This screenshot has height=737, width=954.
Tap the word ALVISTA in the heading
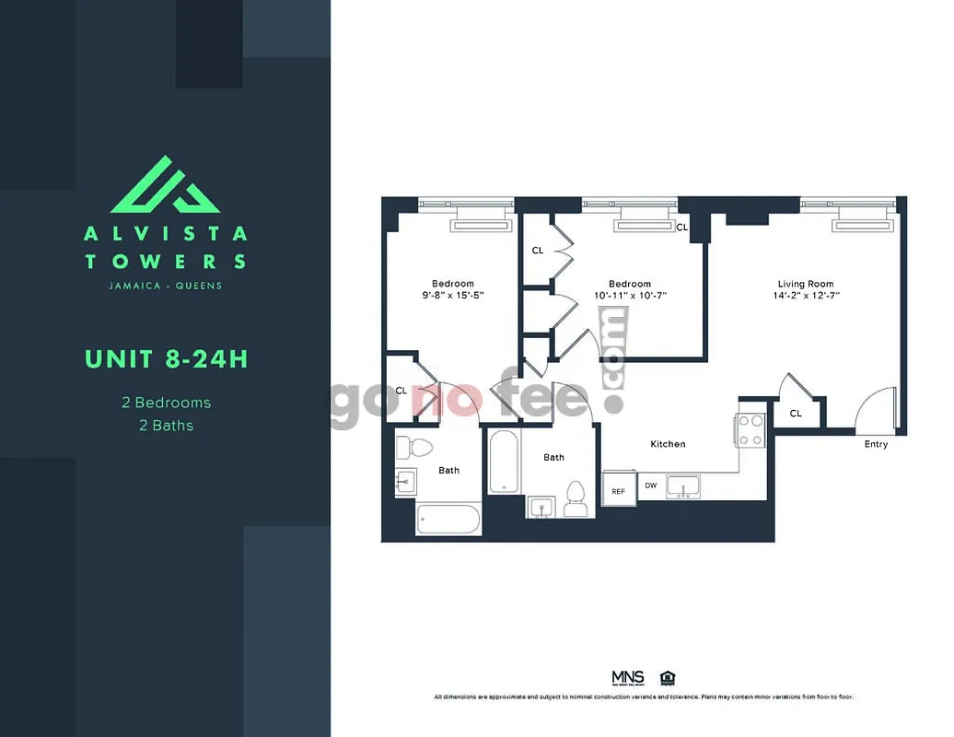coord(166,234)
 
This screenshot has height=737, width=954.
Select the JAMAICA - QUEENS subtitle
coord(166,286)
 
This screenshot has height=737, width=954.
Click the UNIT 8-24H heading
coord(166,358)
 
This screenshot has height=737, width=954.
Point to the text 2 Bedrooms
coord(166,403)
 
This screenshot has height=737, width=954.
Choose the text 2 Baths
coord(166,426)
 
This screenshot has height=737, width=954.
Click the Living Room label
coord(805,284)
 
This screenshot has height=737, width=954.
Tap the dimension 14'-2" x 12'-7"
coord(807,296)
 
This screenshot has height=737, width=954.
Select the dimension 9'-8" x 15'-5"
coord(452,296)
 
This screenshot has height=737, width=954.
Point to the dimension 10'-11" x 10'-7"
coord(630,296)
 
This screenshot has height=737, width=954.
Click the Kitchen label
coord(668,444)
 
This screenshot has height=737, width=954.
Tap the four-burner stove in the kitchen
coord(750,429)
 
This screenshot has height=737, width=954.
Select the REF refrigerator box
coord(618,490)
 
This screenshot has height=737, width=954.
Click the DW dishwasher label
coord(650,485)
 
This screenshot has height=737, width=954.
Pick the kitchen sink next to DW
coord(683,485)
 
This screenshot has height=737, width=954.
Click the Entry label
coord(876,444)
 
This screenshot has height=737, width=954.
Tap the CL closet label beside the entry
coord(795,414)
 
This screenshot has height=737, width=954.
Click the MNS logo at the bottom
coord(628,677)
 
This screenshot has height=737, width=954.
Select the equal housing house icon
coord(667,677)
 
